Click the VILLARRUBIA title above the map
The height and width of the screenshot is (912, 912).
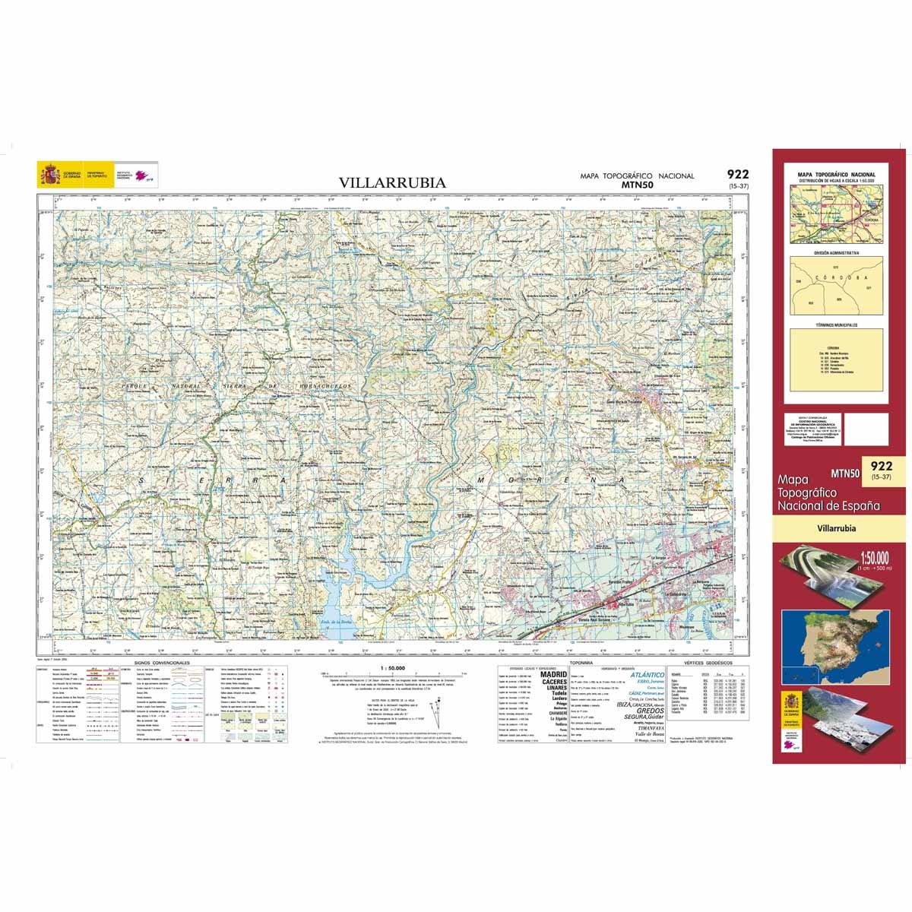[x=392, y=183]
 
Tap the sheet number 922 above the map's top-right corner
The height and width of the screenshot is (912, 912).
[x=736, y=175]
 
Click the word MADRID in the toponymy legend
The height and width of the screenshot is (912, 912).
[x=553, y=674]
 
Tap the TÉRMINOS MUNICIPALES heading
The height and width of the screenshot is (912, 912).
[x=836, y=325]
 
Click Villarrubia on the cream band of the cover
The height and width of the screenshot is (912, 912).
[x=836, y=527]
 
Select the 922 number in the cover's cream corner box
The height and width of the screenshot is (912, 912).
[x=882, y=466]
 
